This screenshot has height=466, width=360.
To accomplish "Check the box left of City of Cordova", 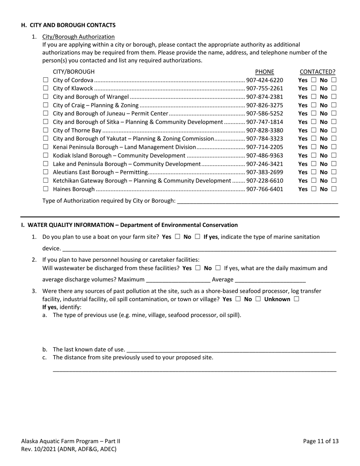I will pyautogui.click(x=45, y=80).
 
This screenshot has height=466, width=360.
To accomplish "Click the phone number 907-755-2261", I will pyautogui.click(x=265, y=89).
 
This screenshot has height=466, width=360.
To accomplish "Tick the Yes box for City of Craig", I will pyautogui.click(x=313, y=105).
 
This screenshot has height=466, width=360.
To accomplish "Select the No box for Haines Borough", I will pyautogui.click(x=333, y=189).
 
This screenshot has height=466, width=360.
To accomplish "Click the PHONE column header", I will pyautogui.click(x=265, y=72).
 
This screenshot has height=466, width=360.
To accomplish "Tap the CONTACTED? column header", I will pyautogui.click(x=317, y=72).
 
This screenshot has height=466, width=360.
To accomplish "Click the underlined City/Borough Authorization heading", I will pyautogui.click(x=78, y=37).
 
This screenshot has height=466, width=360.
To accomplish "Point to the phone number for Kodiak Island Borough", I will pyautogui.click(x=265, y=156).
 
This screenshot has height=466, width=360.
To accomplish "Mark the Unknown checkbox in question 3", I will pyautogui.click(x=296, y=299).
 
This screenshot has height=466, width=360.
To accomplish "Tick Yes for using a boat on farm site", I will pyautogui.click(x=177, y=237).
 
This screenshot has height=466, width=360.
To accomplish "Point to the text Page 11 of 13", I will pyautogui.click(x=321, y=441).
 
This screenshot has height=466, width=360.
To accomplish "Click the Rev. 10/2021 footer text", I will pyautogui.click(x=69, y=449).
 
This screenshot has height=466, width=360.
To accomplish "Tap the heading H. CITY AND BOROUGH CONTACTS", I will pyautogui.click(x=68, y=25).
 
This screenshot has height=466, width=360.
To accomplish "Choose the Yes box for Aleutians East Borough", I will pyautogui.click(x=313, y=172).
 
